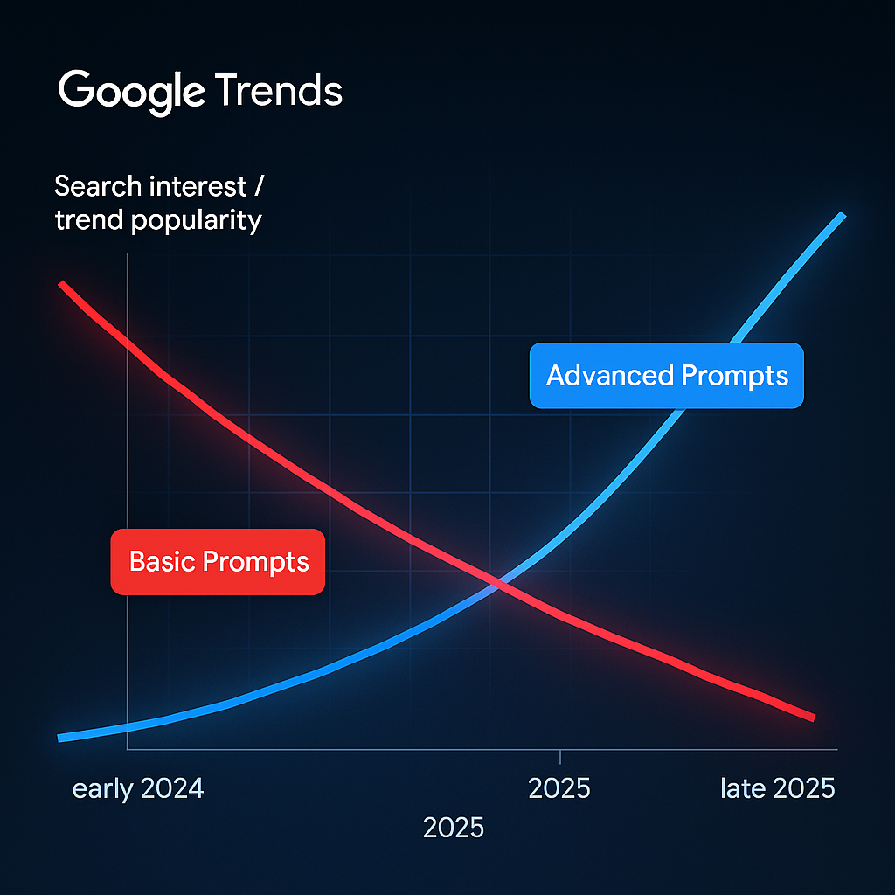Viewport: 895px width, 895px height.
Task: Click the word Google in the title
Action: click(x=131, y=91)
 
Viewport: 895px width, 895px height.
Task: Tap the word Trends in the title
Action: click(x=278, y=91)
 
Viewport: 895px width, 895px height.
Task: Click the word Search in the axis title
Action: click(x=97, y=186)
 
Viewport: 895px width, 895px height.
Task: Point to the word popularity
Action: click(x=196, y=220)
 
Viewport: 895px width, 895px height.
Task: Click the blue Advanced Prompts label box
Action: click(x=666, y=376)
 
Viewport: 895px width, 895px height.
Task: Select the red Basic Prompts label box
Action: click(x=218, y=561)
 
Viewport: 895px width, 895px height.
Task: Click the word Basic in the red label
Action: click(x=161, y=561)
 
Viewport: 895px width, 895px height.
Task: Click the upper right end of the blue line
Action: click(x=842, y=215)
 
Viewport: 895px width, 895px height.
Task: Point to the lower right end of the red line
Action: click(x=813, y=717)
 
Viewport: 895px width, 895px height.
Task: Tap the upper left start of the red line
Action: click(x=61, y=284)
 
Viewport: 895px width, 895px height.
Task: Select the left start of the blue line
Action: click(x=59, y=738)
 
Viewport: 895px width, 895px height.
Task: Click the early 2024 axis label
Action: click(x=138, y=789)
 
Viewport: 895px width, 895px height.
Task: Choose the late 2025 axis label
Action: click(x=777, y=789)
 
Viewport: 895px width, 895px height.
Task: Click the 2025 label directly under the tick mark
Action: click(x=559, y=789)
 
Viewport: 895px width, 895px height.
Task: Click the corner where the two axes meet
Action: click(x=128, y=749)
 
